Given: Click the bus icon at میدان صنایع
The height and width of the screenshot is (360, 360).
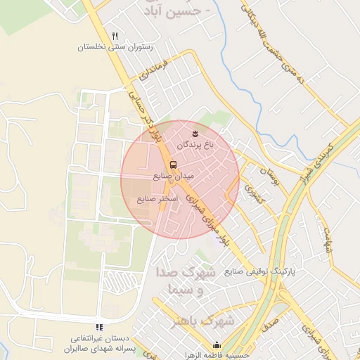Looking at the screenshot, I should (x=174, y=165).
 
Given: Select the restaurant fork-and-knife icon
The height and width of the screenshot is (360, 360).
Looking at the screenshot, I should (x=115, y=36).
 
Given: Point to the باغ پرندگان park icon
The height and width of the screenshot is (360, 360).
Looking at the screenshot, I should (x=195, y=132).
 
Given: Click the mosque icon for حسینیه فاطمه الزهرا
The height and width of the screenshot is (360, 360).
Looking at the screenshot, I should (x=217, y=345).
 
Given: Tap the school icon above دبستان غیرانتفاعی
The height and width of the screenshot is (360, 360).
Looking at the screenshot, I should (x=99, y=327).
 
